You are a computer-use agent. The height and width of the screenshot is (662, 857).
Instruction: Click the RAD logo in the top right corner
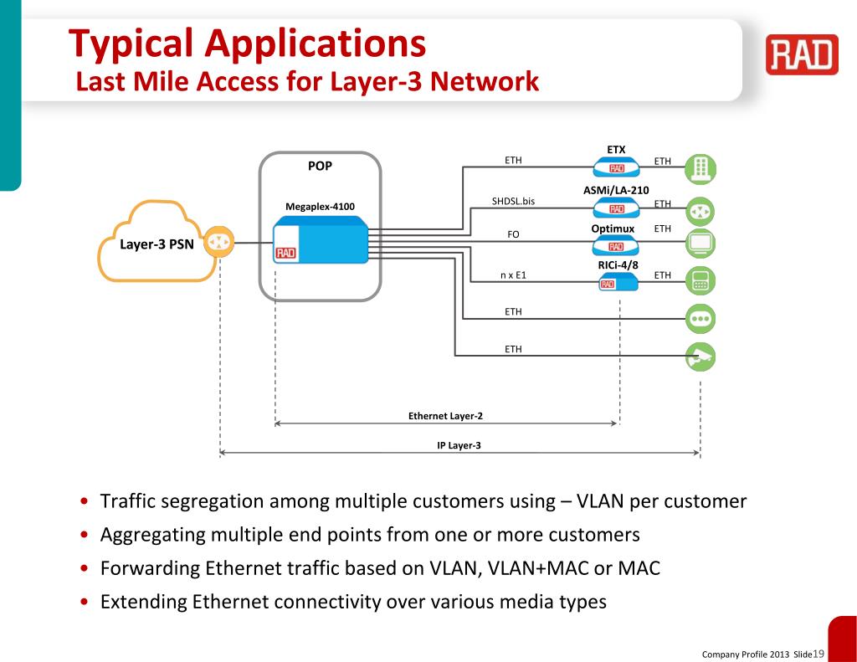801,55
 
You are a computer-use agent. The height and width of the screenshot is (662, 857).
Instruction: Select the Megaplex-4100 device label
320,207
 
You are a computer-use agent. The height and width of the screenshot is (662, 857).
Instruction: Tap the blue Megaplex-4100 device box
321,240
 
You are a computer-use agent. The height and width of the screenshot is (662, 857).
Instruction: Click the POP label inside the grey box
320,166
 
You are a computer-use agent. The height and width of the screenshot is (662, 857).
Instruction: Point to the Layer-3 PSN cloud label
157,244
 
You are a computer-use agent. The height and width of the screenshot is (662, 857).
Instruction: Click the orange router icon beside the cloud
219,243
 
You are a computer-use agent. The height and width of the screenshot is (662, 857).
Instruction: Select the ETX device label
616,150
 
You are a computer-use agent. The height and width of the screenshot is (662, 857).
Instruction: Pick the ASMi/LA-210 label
616,191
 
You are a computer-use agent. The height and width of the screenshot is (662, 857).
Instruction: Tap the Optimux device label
613,228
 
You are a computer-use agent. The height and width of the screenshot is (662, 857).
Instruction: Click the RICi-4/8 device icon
618,282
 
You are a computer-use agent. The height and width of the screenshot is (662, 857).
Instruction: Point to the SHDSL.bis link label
513,201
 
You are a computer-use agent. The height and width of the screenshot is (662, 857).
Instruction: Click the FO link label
513,234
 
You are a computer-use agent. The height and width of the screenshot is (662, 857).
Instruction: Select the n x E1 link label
513,275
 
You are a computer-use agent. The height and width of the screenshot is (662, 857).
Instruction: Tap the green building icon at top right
700,169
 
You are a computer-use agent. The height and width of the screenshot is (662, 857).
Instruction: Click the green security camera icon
700,357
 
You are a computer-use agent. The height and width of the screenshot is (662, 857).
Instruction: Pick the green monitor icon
700,244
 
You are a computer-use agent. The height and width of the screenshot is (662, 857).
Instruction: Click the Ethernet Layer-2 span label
445,415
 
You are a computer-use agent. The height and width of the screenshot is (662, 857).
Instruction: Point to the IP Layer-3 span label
459,445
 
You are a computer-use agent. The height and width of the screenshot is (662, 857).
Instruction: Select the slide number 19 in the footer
819,653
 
